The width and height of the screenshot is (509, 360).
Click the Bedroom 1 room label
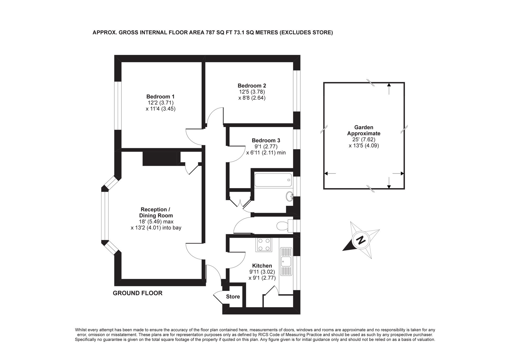(x=160, y=97)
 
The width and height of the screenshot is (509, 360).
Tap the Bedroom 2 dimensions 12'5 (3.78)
(x=252, y=92)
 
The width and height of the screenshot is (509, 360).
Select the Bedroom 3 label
(x=266, y=140)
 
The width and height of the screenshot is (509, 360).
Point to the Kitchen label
(x=262, y=266)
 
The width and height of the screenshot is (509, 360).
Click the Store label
(x=233, y=297)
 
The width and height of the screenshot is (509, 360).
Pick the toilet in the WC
(x=283, y=226)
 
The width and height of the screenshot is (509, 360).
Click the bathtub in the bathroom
(x=273, y=180)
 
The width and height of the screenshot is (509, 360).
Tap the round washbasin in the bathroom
(x=289, y=196)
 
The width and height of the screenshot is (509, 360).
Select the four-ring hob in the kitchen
(x=264, y=245)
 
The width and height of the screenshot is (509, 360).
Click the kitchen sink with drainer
(x=286, y=261)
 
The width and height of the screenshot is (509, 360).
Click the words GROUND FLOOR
(x=138, y=293)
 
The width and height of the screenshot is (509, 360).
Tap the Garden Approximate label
(x=364, y=130)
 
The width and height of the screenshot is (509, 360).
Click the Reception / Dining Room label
(x=156, y=212)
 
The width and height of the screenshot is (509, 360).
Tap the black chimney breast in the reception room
(x=160, y=159)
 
